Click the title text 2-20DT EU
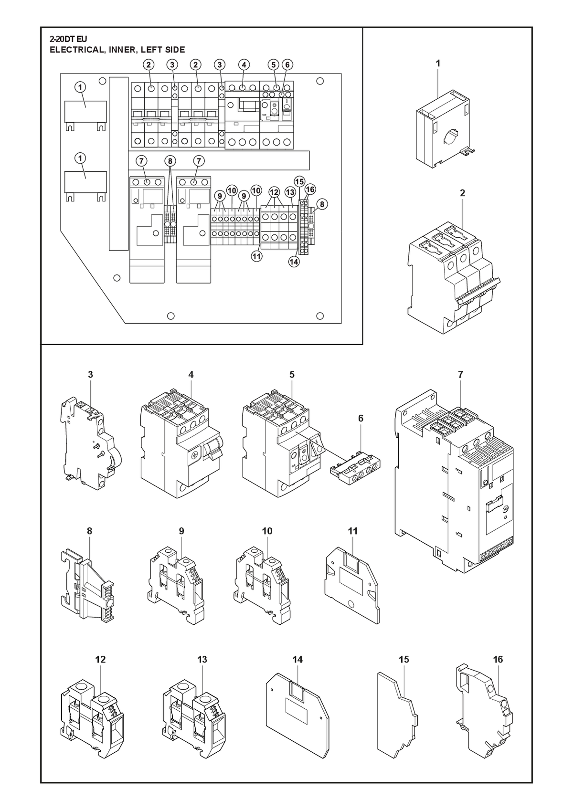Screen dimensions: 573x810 tap(68, 39)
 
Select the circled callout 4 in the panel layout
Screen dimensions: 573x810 tap(244, 65)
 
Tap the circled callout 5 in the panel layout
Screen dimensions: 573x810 tap(274, 65)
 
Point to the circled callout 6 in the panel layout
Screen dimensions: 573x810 tap(287, 65)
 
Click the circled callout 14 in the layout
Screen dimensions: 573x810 tap(294, 262)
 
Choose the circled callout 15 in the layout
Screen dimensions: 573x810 tap(299, 181)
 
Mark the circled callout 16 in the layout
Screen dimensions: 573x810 tap(310, 189)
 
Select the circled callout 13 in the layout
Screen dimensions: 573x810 tap(290, 192)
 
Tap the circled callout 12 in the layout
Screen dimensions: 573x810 tap(274, 192)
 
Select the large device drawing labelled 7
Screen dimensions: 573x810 tap(455, 481)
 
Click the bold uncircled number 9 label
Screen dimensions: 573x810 tap(181, 531)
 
